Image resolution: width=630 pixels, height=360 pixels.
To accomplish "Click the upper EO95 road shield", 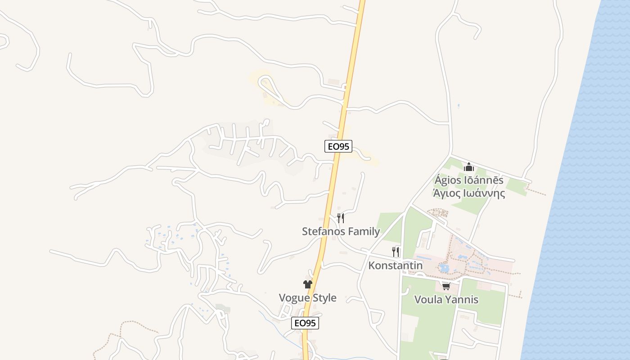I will [338, 146].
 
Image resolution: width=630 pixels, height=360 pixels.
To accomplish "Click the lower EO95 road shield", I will [305, 323].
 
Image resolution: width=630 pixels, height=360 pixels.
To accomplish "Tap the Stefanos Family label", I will [341, 231].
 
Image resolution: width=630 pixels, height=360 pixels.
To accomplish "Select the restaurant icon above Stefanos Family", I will [341, 218].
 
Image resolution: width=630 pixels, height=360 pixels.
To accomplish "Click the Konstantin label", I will [395, 265].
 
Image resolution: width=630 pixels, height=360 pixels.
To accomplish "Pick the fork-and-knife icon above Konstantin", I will [396, 252].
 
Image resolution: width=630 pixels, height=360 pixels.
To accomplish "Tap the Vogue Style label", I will [307, 298].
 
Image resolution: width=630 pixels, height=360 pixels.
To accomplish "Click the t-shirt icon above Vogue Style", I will [308, 284].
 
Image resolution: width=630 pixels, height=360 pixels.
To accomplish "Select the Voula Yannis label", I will [446, 300].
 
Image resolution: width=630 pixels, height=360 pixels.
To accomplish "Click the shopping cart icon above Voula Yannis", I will [446, 287].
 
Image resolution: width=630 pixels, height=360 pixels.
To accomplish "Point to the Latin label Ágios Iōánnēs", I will [469, 180].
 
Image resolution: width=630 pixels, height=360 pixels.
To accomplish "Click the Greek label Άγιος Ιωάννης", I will [469, 193].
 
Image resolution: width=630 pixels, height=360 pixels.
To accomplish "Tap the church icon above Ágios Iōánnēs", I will [469, 167].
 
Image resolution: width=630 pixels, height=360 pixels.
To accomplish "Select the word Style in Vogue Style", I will [323, 298].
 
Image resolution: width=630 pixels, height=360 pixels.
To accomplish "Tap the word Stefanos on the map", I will [321, 231].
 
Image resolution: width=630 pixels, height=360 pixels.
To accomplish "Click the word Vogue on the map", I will [293, 298].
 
